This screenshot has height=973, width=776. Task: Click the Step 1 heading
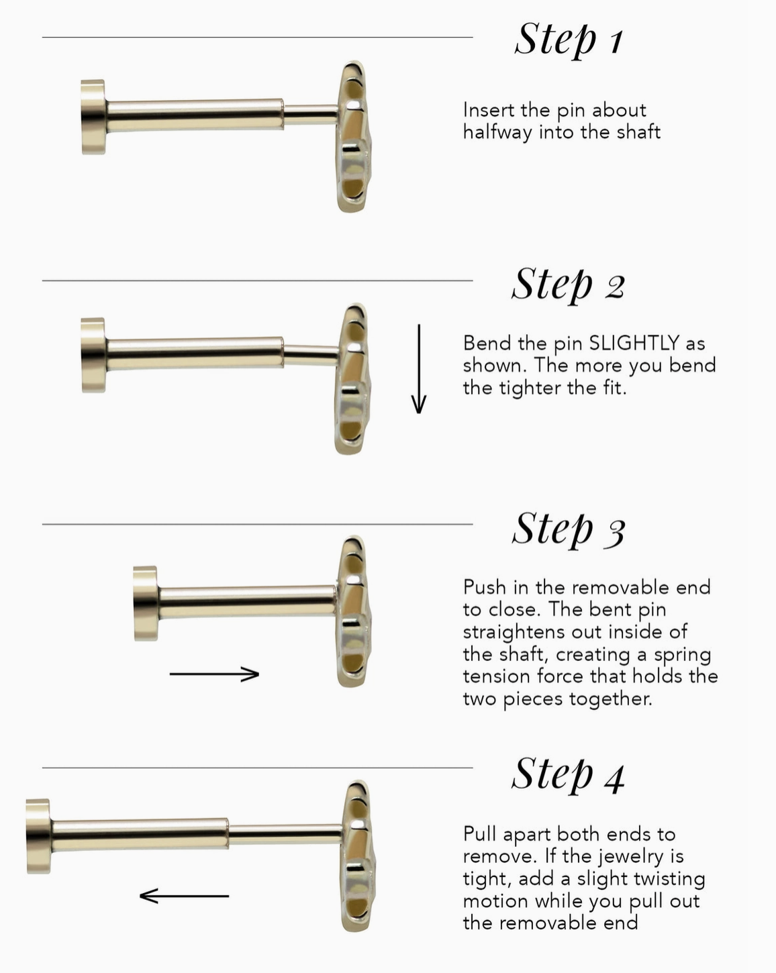coord(569,40)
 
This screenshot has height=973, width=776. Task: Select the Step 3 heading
coord(569,529)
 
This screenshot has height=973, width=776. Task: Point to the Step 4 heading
coord(569,775)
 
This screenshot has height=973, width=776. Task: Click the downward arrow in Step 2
coord(418,368)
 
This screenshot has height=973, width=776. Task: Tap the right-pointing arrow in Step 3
coord(214,674)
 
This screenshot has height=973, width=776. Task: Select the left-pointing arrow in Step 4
coord(184,896)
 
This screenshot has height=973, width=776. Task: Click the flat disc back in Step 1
coord(94,117)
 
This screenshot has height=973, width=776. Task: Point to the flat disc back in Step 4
coord(38,836)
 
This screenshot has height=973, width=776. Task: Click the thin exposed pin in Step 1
coord(311,115)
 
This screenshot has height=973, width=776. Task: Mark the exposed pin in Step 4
coord(285,834)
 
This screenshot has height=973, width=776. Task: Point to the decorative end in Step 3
coord(353,611)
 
